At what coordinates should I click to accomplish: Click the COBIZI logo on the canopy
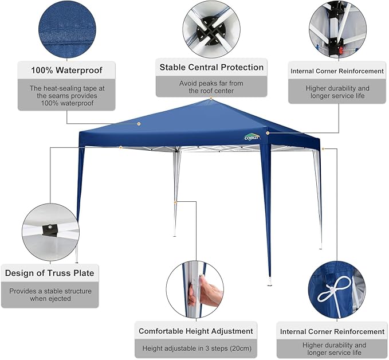tap(252, 138)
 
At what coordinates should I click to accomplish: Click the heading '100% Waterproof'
tap(66, 71)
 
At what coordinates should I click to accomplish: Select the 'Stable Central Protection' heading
tap(211, 67)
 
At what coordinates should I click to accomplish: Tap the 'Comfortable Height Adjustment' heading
tap(196, 331)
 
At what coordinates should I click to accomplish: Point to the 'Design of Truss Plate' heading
tap(50, 273)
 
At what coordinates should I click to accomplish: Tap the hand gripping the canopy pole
tap(206, 291)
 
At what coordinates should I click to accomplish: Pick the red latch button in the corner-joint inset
tap(341, 50)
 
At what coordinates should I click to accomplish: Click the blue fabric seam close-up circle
tap(67, 29)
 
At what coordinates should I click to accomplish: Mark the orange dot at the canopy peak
tap(211, 99)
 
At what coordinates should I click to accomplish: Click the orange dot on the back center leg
tap(175, 202)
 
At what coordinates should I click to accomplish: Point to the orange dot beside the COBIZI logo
tap(268, 133)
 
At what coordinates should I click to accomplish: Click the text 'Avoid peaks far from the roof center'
tap(211, 87)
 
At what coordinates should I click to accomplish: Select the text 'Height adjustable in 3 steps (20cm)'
tap(197, 349)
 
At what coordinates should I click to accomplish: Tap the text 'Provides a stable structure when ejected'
tap(50, 295)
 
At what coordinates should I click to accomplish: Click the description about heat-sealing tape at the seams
tap(67, 96)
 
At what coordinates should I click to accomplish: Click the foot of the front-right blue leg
tap(270, 283)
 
